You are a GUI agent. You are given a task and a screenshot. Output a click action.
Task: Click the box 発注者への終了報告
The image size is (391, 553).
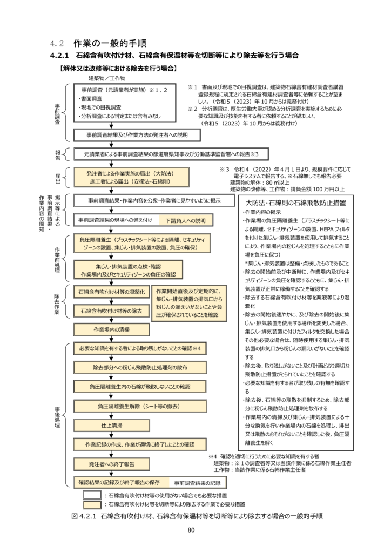pos(112,463)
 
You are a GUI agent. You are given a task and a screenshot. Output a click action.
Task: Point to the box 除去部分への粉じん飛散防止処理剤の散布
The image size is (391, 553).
pos(140,367)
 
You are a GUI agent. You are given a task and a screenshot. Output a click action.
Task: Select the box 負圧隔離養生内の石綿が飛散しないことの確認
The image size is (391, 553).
pos(140,387)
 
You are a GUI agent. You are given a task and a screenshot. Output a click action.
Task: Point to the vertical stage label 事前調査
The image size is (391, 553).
pos(58,114)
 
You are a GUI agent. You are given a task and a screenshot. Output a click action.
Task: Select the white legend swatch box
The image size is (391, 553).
pos(92,494)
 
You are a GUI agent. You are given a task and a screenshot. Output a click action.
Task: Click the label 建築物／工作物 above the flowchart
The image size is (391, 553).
pos(106,78)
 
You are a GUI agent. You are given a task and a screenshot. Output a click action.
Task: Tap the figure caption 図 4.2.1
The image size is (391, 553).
pos(197,516)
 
